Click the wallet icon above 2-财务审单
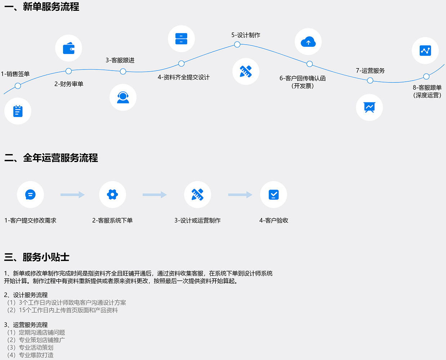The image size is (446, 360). (x=68, y=48)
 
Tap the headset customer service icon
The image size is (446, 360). (x=123, y=97)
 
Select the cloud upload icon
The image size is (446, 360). (x=308, y=42)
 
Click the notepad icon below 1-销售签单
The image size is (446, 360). (x=18, y=111)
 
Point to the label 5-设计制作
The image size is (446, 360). (x=246, y=35)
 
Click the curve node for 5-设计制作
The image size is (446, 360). (x=237, y=45)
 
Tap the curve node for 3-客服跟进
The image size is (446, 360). (x=123, y=71)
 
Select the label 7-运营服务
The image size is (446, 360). (x=370, y=71)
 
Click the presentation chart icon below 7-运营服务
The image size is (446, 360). (x=369, y=107)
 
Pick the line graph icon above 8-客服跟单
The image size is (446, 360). (x=425, y=50)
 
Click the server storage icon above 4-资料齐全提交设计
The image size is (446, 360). (x=181, y=39)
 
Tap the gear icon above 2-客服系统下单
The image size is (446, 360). (x=112, y=195)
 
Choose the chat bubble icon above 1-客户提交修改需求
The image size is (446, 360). (x=30, y=195)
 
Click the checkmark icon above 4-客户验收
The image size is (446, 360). (x=273, y=195)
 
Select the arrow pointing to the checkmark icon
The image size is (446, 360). (x=240, y=195)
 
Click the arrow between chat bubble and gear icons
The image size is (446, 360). (x=72, y=195)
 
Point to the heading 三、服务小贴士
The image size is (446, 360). (x=37, y=257)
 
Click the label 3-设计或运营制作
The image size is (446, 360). (x=197, y=221)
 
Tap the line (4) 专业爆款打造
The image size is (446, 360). (x=31, y=355)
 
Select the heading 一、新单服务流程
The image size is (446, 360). (x=42, y=7)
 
